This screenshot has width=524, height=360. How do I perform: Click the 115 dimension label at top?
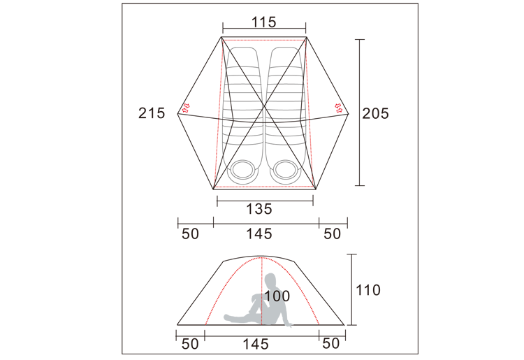click(263, 22)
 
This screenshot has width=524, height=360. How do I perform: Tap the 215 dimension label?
click(152, 113)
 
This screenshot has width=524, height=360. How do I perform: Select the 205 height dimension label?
click(376, 114)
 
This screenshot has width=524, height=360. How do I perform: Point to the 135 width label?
click(259, 209)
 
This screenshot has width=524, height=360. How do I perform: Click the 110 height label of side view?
click(368, 290)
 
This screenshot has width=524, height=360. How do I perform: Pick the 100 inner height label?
click(277, 296)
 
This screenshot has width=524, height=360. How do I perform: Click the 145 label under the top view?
click(259, 233)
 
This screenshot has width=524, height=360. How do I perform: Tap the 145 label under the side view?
click(256, 344)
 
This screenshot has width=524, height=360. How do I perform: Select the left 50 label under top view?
click(190, 233)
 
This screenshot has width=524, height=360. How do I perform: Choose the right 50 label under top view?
click(332, 233)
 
